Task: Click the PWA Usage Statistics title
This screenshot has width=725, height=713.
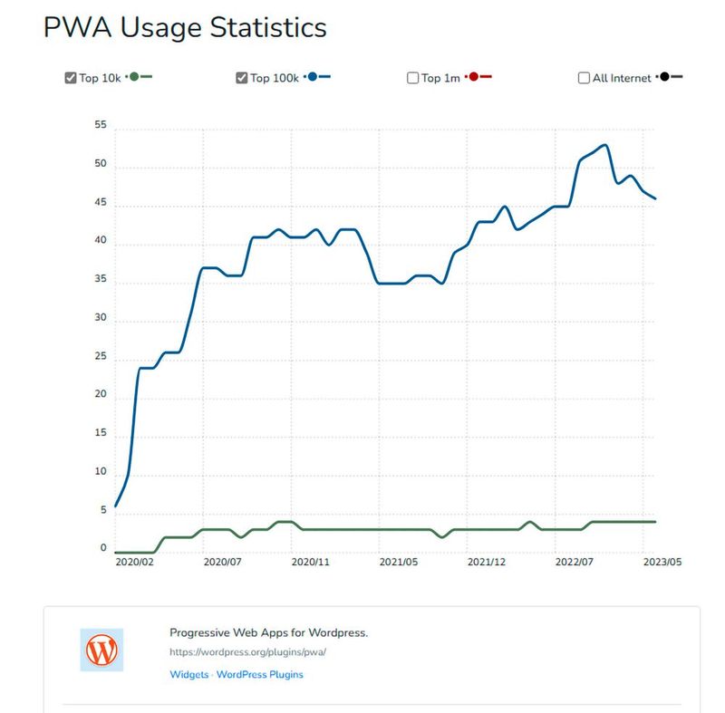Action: [185, 27]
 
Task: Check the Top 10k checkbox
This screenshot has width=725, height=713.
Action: [71, 78]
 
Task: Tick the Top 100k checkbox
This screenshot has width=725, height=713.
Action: [242, 78]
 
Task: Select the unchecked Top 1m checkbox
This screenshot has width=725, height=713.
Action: [413, 78]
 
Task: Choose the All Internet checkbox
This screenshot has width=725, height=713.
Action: [584, 78]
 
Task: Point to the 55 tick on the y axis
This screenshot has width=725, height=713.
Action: [100, 127]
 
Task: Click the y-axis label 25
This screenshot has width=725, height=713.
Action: [100, 357]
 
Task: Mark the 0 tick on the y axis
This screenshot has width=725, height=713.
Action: [103, 549]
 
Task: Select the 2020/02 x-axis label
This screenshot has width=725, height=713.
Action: [134, 563]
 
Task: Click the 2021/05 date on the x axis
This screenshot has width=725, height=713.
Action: [398, 563]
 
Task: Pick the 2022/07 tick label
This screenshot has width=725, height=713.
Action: [575, 563]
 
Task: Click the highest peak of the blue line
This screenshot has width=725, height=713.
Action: [604, 145]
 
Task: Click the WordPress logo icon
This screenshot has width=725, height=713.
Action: [101, 650]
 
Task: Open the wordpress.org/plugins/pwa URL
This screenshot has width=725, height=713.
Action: [247, 651]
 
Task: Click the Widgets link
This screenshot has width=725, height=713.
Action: [188, 675]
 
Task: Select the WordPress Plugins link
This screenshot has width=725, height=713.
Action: [260, 675]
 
